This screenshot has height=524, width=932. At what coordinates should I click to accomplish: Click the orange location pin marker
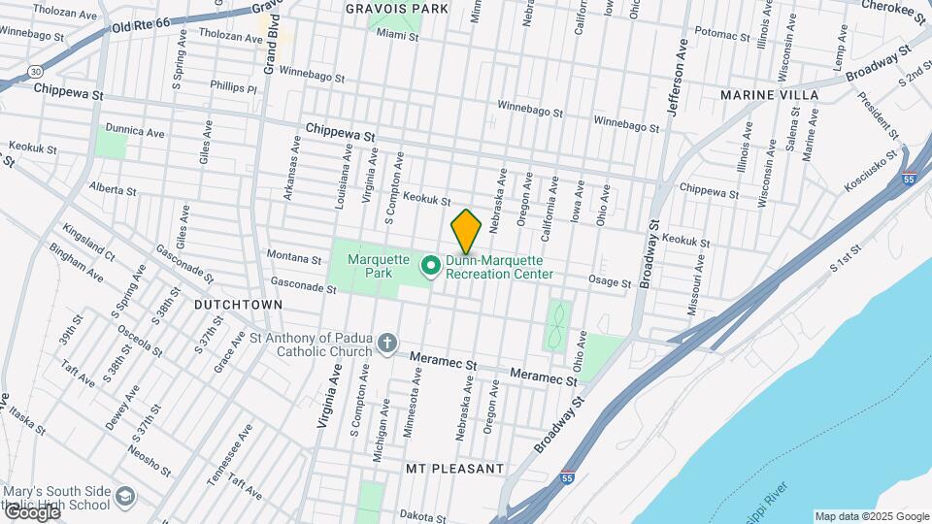466,231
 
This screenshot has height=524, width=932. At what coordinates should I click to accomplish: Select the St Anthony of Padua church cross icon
386,344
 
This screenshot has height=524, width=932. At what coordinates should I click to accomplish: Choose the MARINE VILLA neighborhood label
769,95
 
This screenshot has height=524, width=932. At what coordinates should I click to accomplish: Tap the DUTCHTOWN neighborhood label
238,305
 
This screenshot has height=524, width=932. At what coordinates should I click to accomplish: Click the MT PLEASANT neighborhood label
455,469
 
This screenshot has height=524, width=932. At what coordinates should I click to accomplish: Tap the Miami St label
397,37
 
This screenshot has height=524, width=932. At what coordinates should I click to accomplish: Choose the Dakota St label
421,515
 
